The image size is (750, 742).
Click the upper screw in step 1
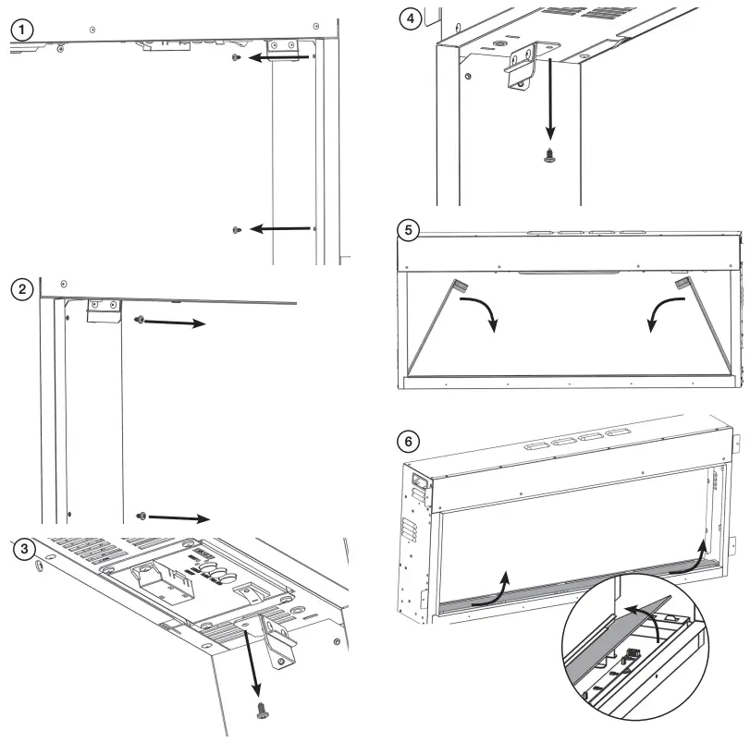point(238,57)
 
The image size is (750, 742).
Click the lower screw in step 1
point(237,229)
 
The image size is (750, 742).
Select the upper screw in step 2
point(139,320)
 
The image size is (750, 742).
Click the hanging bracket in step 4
point(522,68)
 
